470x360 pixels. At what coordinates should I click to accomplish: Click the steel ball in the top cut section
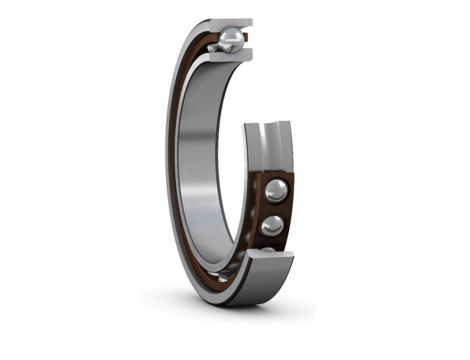[230, 39]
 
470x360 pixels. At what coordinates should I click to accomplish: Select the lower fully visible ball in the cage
[272, 226]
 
